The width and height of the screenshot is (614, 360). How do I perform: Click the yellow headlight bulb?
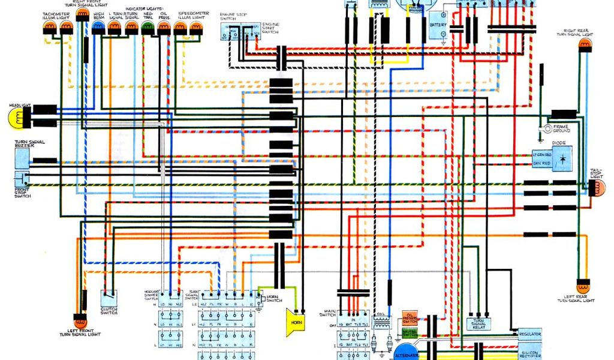[17, 118]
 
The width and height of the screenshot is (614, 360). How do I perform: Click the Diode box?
[562, 158]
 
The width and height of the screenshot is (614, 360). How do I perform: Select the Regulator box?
[529, 334]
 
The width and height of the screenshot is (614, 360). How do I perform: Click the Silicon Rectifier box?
[529, 352]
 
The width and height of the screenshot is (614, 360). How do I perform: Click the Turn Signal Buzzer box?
[22, 158]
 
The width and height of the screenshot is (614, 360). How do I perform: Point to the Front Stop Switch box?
[22, 179]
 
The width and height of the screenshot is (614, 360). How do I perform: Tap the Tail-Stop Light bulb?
[597, 188]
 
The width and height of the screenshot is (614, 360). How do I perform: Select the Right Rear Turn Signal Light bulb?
[583, 46]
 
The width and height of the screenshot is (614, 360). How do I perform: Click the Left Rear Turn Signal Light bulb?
[583, 286]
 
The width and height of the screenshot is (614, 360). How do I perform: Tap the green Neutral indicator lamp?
[147, 27]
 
